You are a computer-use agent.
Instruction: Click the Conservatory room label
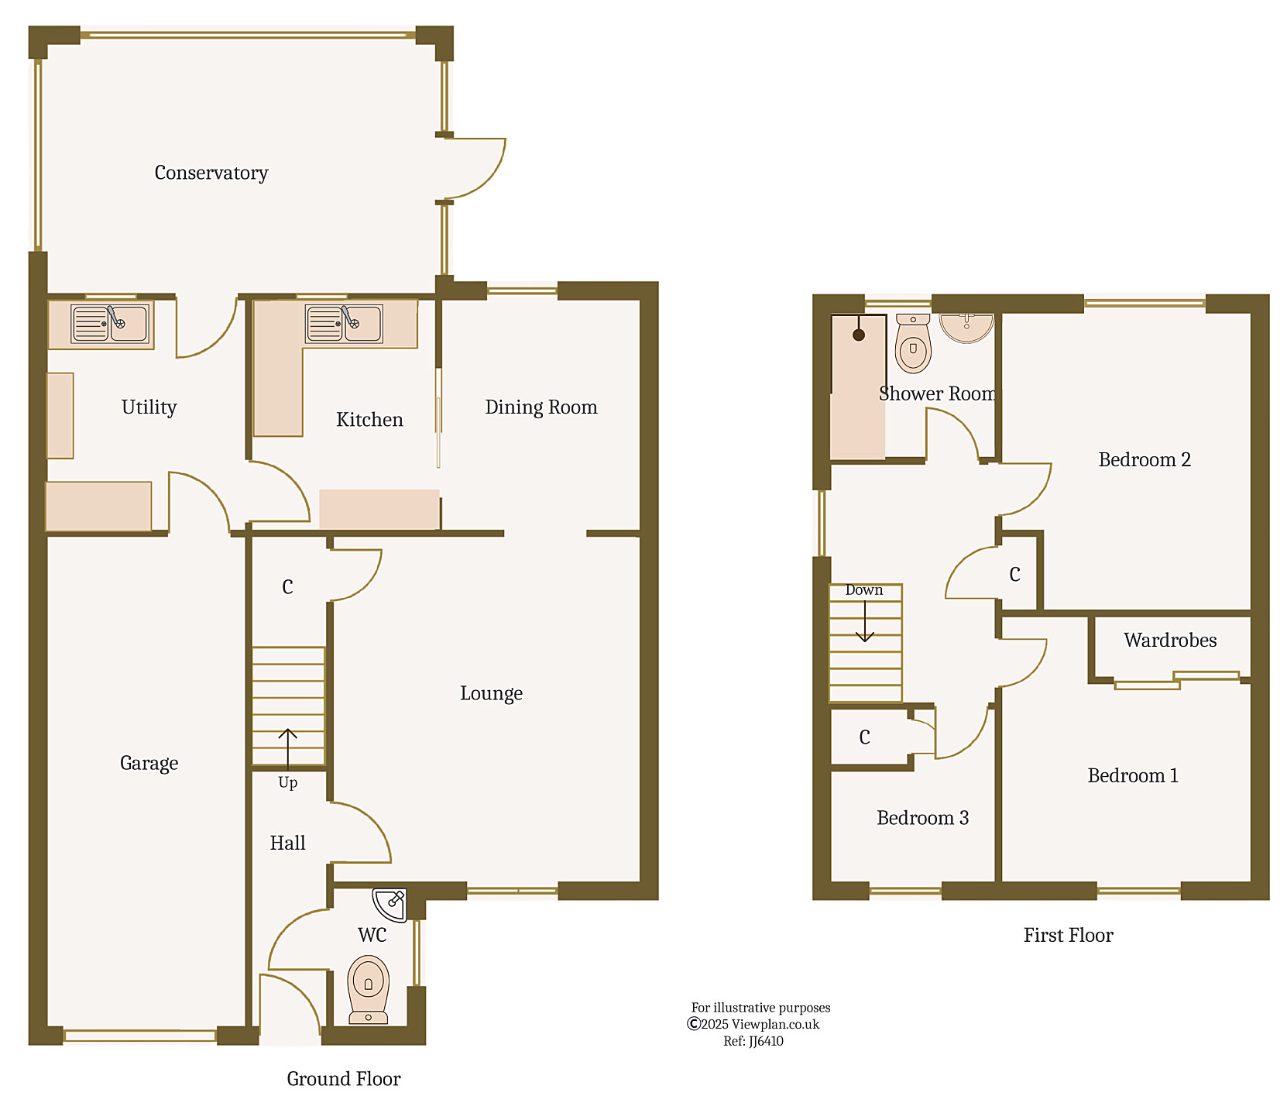[x=211, y=173]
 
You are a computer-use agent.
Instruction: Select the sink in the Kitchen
[x=344, y=323]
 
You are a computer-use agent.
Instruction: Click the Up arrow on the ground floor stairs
[x=287, y=747]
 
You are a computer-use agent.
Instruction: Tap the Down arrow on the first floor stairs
[x=864, y=622]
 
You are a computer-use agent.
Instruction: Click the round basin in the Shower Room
[x=966, y=325]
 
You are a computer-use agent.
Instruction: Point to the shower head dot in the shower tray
[x=858, y=335]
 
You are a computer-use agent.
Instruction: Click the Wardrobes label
[x=1169, y=640]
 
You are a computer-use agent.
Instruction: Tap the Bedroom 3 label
[x=921, y=818]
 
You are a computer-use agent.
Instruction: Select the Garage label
[x=149, y=763]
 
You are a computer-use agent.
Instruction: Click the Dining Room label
[x=541, y=407]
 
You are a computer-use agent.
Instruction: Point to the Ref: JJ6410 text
[x=753, y=1041]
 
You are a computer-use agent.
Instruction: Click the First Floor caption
[x=1068, y=935]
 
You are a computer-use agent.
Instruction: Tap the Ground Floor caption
[x=343, y=1078]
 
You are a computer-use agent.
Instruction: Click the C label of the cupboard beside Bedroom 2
[x=1014, y=575]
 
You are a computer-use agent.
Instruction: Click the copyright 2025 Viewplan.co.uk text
[x=753, y=1024]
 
